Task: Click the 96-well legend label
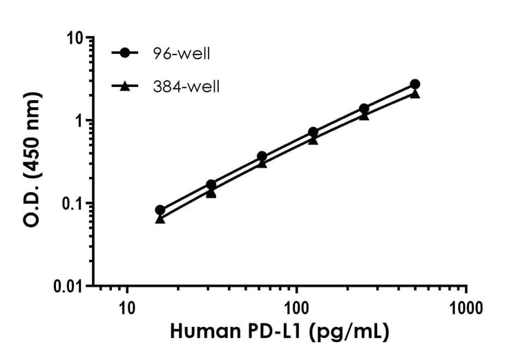click(181, 53)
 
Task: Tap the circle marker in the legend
click(124, 53)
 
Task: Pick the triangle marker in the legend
click(124, 86)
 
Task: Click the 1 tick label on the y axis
click(79, 120)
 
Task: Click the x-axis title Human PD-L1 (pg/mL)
click(280, 332)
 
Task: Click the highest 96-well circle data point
click(415, 84)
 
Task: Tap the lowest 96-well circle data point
click(160, 210)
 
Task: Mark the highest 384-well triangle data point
click(415, 93)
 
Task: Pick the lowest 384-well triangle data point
click(160, 218)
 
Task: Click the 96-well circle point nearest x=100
click(313, 132)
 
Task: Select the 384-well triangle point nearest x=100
click(313, 140)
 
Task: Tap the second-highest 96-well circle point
click(364, 108)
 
